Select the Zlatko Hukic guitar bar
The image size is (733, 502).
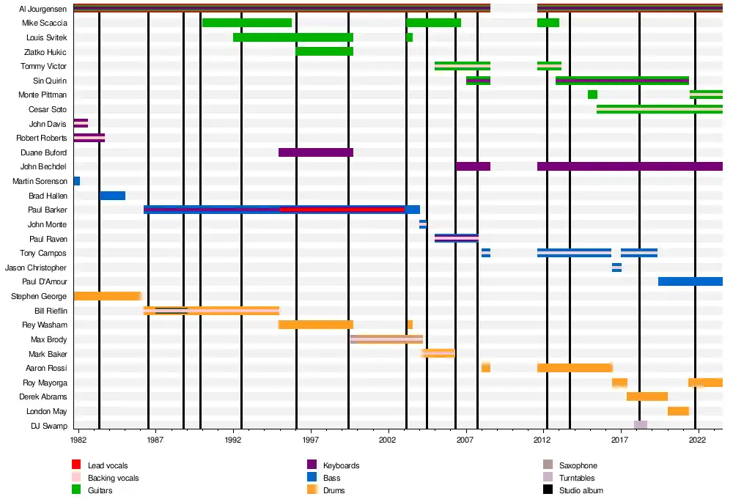[324, 51]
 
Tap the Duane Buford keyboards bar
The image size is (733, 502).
[316, 152]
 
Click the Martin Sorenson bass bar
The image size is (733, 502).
[76, 181]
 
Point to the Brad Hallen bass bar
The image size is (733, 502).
[112, 196]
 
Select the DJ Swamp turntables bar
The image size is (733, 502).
[640, 425]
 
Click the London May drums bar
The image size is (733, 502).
[678, 411]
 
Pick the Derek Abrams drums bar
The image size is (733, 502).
[647, 396]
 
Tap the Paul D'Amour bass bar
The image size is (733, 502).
[690, 281]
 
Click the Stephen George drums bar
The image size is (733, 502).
[106, 296]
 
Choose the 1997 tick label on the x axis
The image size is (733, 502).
[312, 440]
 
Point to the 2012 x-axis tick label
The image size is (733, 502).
[542, 440]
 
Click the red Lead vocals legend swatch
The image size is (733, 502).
[76, 465]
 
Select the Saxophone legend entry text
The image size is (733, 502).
[578, 465]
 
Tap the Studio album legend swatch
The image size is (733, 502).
[547, 490]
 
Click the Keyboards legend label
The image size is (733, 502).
[341, 465]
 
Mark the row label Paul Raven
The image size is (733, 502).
[48, 239]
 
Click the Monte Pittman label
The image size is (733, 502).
[43, 95]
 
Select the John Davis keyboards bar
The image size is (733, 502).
[81, 123]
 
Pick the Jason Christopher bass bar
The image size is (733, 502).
[616, 267]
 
